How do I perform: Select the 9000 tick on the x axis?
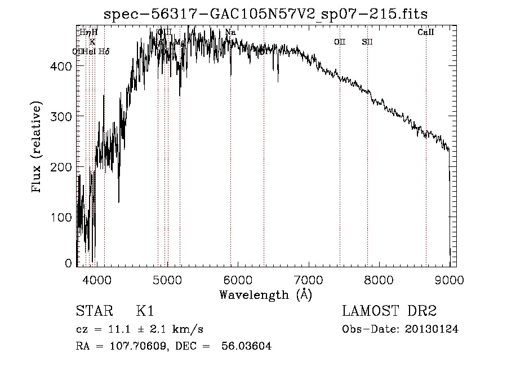coord(448,279)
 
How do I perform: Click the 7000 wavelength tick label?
coord(308,279)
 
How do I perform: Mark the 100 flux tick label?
coord(63,217)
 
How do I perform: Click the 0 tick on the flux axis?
coord(68,263)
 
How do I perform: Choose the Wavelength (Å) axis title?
coord(265,294)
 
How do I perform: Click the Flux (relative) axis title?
coord(37,147)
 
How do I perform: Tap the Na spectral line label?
coord(230,33)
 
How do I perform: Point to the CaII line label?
coord(425,33)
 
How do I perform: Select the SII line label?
coord(367,42)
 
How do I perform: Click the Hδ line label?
coord(104,51)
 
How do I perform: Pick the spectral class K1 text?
coord(145,311)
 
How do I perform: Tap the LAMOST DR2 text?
coord(389,311)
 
